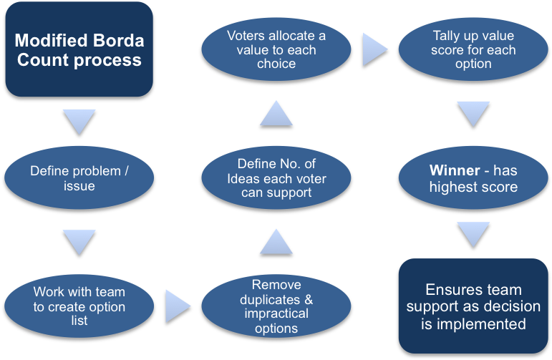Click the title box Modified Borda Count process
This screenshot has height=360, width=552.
coord(79,49)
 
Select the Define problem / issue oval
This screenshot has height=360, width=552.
coord(79,178)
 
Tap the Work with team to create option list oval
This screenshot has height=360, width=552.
coord(79,306)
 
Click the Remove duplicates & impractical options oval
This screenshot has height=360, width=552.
coord(276,306)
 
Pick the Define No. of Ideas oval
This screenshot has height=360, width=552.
coord(276,178)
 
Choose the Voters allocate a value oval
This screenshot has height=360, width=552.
coord(276,49)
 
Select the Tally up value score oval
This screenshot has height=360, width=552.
coord(473,49)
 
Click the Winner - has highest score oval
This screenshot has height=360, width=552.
coord(473,178)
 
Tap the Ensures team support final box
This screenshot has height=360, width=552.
coord(473,306)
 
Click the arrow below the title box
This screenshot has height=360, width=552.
coord(79,120)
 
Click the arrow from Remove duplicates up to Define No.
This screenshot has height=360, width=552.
coord(276,242)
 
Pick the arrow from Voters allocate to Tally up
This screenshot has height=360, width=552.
coord(374,49)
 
